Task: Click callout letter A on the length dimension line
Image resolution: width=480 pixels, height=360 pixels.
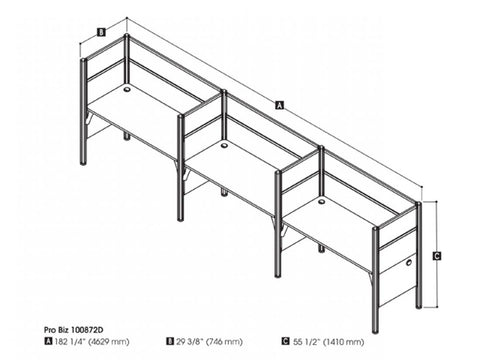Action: (278, 103)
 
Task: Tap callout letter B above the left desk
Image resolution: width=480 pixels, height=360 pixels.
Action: (101, 31)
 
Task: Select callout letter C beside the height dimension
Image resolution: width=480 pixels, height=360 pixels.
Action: (437, 255)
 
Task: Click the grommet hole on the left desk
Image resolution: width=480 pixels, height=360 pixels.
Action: (128, 88)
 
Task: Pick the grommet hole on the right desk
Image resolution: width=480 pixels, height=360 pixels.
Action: (321, 201)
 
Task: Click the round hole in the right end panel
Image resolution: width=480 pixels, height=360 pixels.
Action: (411, 263)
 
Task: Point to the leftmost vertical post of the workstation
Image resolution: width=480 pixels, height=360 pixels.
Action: (84, 99)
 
